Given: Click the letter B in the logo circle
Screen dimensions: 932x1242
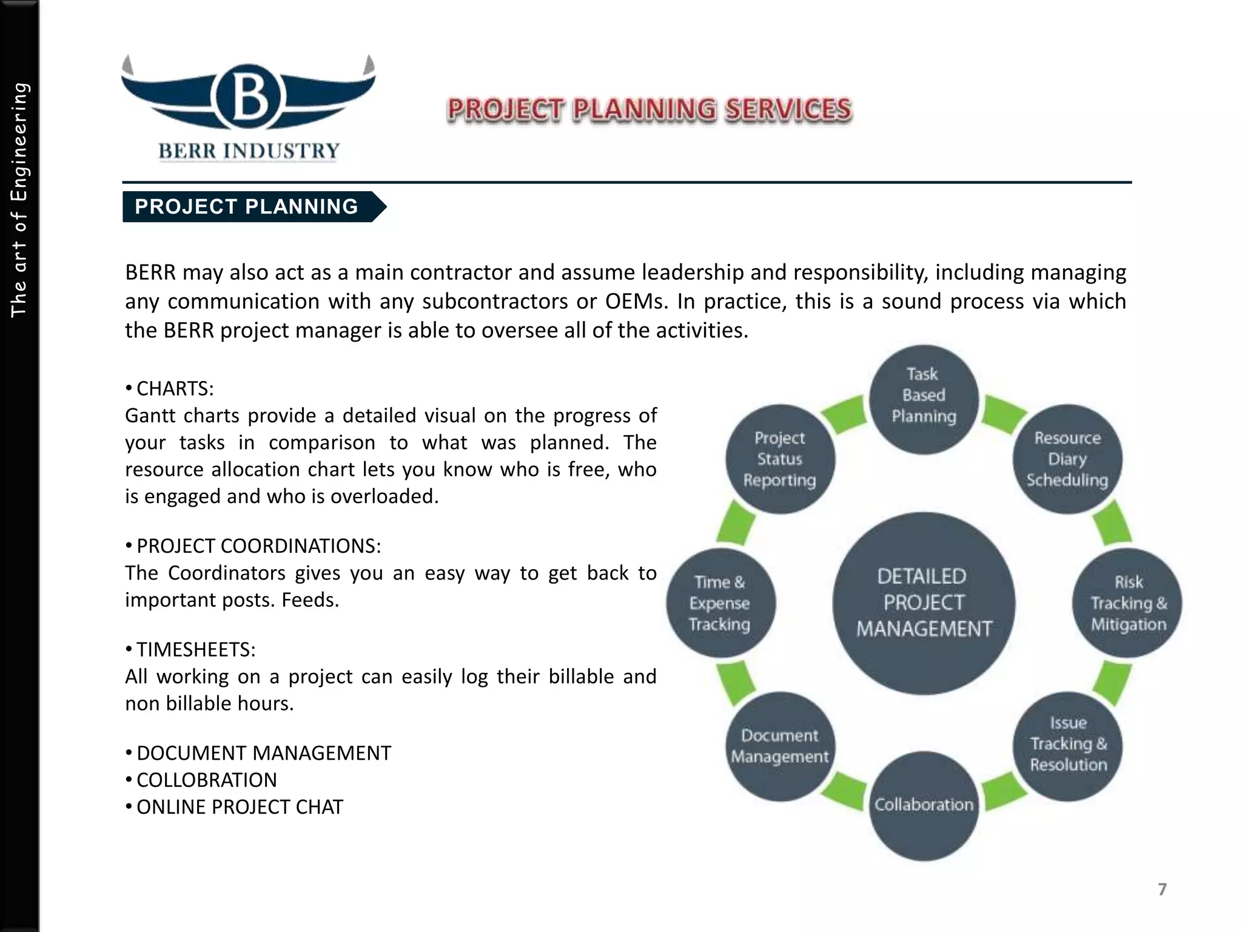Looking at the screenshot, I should [249, 97].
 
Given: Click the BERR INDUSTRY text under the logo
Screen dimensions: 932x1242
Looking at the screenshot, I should [249, 150].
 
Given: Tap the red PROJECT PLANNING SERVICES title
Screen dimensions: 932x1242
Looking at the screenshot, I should [650, 110].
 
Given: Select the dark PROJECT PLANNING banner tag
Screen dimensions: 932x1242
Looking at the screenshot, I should [247, 207].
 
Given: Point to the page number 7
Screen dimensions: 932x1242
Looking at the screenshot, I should [1162, 890].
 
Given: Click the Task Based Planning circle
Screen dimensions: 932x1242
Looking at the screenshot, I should [924, 399].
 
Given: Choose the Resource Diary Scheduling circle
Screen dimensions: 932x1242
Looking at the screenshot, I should [1067, 459].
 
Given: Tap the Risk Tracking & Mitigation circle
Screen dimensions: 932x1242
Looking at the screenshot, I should [1128, 603].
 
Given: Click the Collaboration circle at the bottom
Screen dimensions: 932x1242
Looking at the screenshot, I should [924, 806].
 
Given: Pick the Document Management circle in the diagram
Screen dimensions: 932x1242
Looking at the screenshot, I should [780, 746].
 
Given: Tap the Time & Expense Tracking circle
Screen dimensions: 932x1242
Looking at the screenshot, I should [720, 603].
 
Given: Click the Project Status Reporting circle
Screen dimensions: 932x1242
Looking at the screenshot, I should [780, 459].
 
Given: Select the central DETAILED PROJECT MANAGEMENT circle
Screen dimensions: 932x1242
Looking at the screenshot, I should [924, 603].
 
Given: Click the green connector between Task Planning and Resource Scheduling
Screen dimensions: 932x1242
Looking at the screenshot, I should [1002, 414].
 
